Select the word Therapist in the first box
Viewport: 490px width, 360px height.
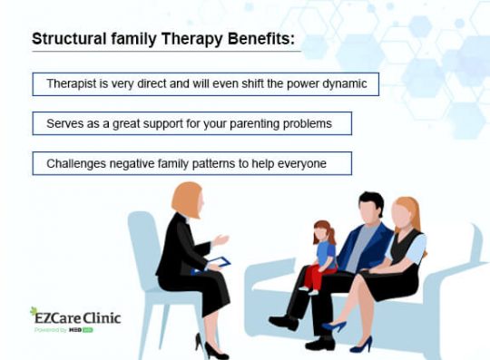pos(73,83)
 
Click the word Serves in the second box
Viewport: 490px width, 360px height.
pos(64,122)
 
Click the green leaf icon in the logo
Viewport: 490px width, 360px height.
pos(34,311)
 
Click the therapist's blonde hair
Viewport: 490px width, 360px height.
pos(186,199)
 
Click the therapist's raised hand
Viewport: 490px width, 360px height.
pos(220,240)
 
